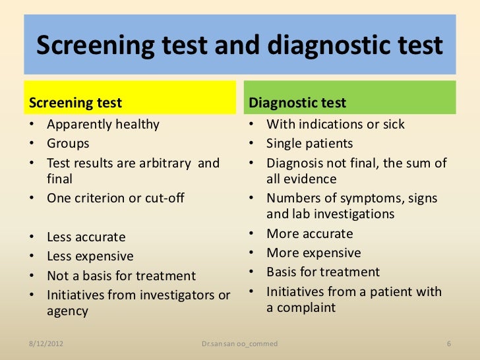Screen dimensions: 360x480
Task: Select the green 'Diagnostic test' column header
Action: pyautogui.click(x=297, y=104)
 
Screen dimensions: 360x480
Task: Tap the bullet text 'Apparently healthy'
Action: pyautogui.click(x=103, y=125)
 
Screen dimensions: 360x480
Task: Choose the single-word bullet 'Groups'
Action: pyautogui.click(x=68, y=144)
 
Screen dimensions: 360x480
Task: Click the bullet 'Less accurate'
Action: pyautogui.click(x=86, y=237)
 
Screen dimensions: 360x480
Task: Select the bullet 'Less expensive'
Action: pyautogui.click(x=90, y=256)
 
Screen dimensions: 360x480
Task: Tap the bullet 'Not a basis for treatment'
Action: pyautogui.click(x=121, y=276)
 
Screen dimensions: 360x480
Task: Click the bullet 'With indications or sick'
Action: pyautogui.click(x=336, y=125)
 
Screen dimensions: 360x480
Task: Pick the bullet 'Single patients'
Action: pyautogui.click(x=309, y=144)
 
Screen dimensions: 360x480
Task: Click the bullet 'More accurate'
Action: pyautogui.click(x=309, y=234)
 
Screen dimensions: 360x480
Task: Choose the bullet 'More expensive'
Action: pyautogui.click(x=313, y=253)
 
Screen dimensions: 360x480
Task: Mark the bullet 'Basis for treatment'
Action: pyautogui.click(x=323, y=272)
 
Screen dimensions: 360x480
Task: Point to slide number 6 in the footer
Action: pyautogui.click(x=448, y=344)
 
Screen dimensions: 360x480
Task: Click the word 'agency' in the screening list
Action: pyautogui.click(x=67, y=312)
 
